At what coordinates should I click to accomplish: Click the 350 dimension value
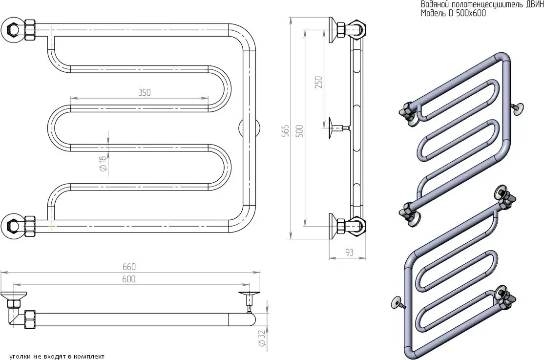pos(144,92)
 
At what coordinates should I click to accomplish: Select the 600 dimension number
pos(128,279)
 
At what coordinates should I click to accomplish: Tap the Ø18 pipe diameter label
pos(103,164)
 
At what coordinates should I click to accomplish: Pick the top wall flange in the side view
pos(335,29)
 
